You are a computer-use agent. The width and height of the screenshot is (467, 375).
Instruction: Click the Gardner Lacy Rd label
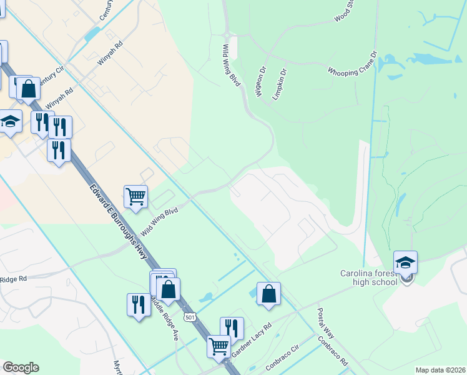(x=252, y=341)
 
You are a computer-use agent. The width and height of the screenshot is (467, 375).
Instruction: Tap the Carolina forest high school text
(x=368, y=277)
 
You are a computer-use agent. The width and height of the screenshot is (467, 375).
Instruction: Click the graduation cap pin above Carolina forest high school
(x=405, y=262)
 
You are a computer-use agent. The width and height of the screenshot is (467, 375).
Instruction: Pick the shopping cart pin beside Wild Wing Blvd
(x=135, y=197)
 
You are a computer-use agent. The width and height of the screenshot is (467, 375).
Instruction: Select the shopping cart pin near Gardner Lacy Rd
(x=219, y=346)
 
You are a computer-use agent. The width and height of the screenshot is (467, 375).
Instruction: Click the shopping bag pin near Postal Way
(x=268, y=293)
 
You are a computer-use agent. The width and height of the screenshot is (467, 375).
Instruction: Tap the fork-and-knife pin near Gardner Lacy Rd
(x=231, y=328)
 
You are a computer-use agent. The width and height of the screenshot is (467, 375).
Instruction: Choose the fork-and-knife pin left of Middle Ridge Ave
(x=139, y=304)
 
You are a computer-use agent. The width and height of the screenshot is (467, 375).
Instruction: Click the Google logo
(x=21, y=367)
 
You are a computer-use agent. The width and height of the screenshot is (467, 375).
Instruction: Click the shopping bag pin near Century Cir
(x=29, y=89)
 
